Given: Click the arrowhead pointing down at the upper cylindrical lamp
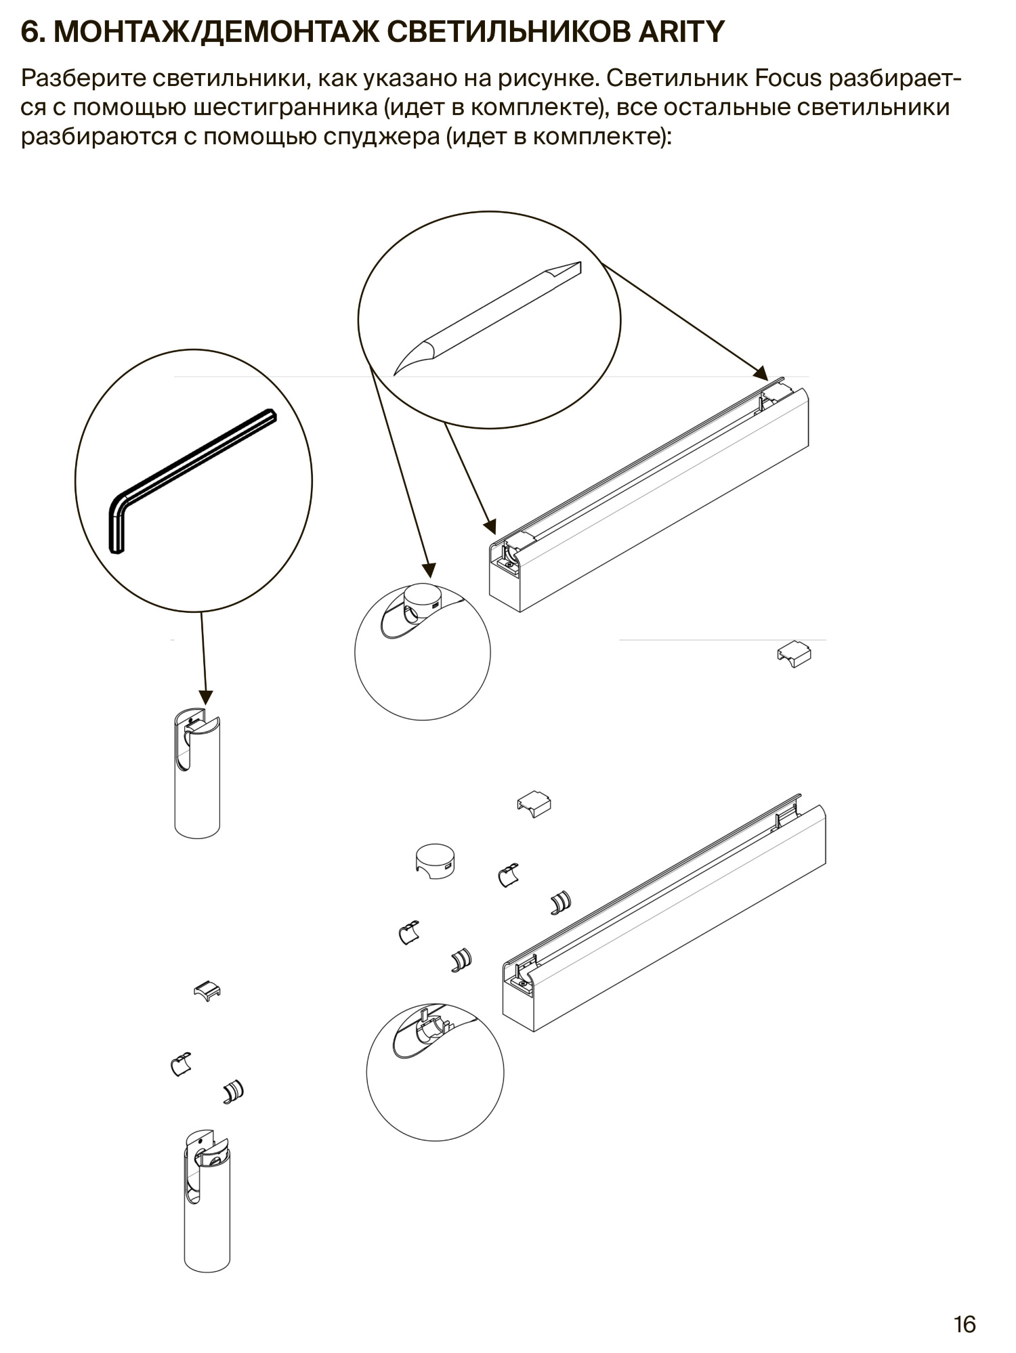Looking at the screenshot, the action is pos(206,697).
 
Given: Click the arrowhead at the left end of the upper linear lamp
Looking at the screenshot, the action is pos(490,526).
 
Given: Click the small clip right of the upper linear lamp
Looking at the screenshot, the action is pos(794,653).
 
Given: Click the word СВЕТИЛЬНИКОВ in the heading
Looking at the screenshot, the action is pos(508,32).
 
